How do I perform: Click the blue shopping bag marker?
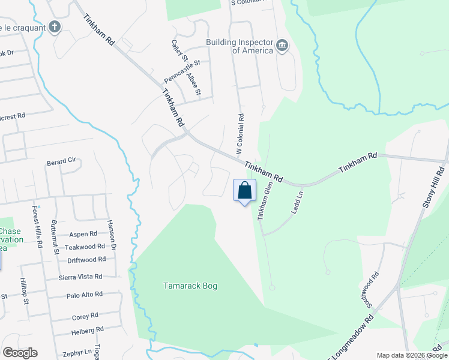pos(244,191)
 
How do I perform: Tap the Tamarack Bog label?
pos(190,286)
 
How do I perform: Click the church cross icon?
pos(55,26)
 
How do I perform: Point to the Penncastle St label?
pos(185,71)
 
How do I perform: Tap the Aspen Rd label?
pos(83,235)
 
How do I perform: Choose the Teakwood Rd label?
pos(85,247)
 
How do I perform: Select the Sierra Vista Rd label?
pos(80,277)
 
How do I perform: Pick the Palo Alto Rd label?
pos(85,295)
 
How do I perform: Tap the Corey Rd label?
pos(85,316)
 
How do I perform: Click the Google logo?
pos(20,353)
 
